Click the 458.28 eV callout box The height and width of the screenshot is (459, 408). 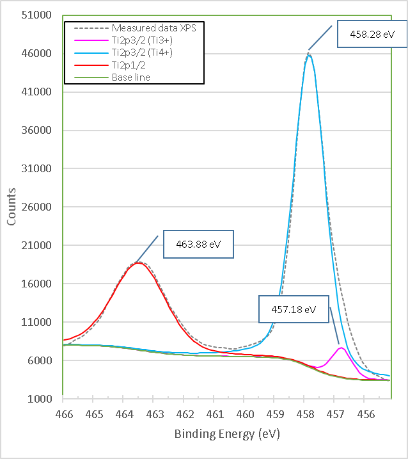pos(371,36)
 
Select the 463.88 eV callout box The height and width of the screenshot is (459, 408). pos(199,244)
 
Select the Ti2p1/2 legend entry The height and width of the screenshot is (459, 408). pos(130,65)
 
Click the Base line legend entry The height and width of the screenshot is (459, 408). pos(130,77)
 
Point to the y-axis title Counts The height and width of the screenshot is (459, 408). pos(12,206)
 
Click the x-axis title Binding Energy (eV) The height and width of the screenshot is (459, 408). pos(227,434)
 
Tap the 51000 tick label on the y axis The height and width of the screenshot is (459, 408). pos(37,15)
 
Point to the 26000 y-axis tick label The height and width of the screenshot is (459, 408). pos(37,207)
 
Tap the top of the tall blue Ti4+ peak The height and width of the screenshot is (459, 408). pos(309,56)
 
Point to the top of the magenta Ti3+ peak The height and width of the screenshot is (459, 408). pos(341,348)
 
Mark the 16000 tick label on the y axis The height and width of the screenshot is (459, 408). pos(37,284)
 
